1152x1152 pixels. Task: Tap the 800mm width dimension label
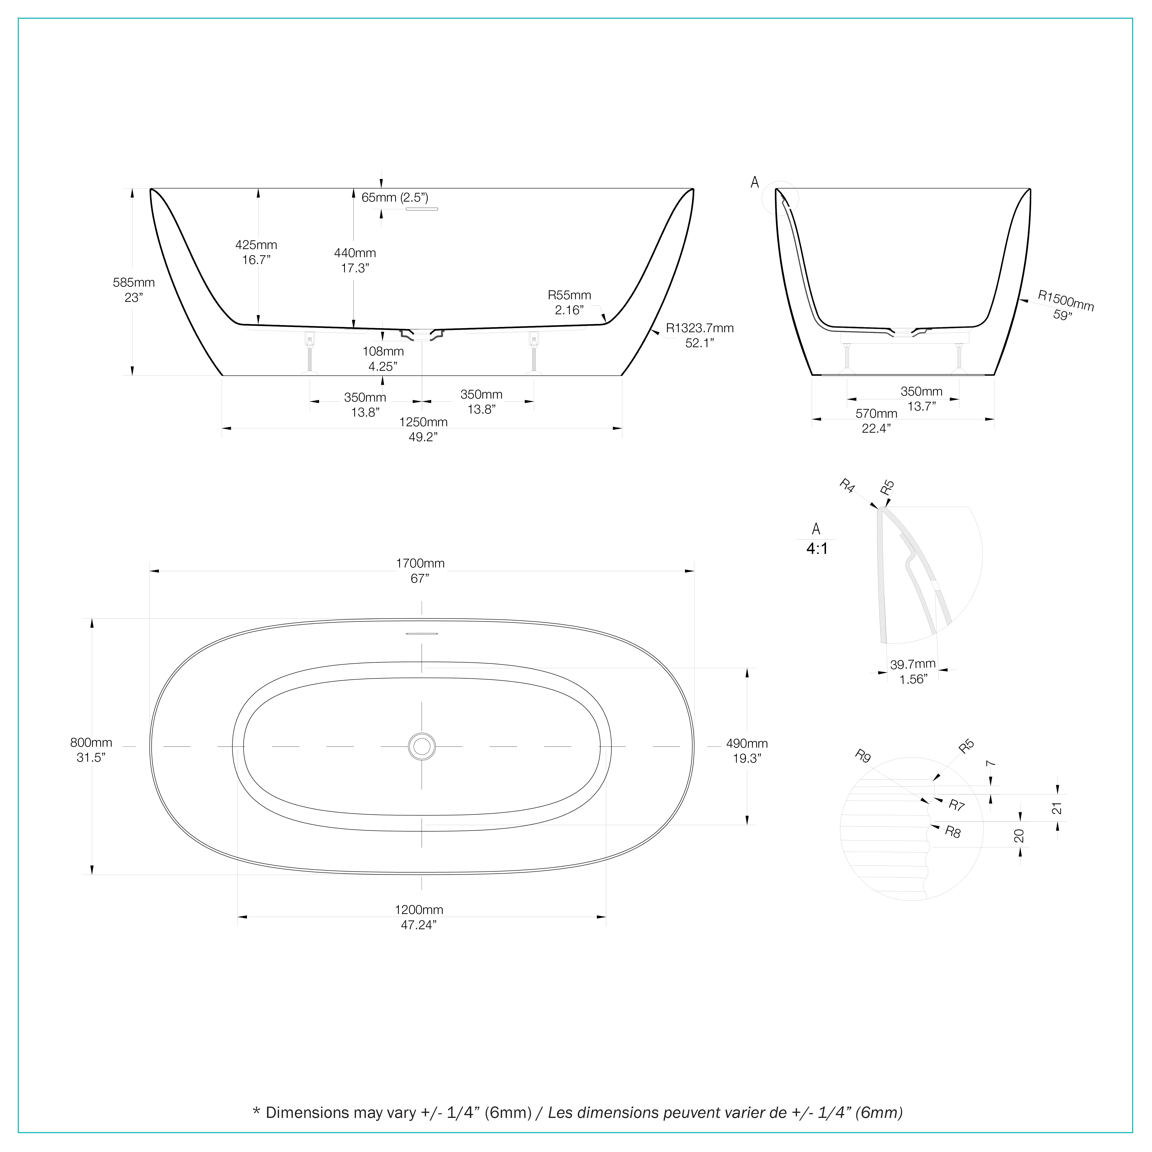tap(91, 742)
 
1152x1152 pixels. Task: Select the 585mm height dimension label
tap(134, 283)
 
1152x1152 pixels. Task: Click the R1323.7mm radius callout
tap(699, 328)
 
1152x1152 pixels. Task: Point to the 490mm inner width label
tap(746, 744)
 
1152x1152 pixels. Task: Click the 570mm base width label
tap(876, 413)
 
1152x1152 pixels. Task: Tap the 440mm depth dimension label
tap(355, 253)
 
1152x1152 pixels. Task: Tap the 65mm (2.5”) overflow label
tap(395, 197)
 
